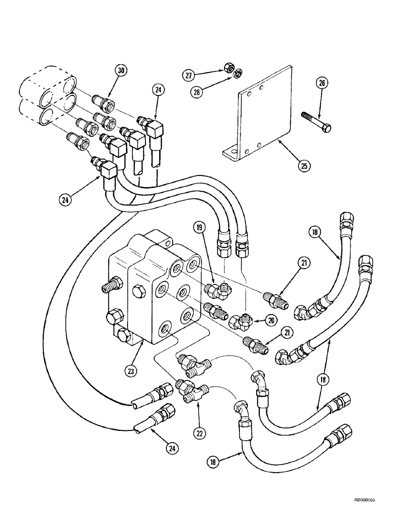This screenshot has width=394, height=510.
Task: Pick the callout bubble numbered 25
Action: [306, 165]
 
